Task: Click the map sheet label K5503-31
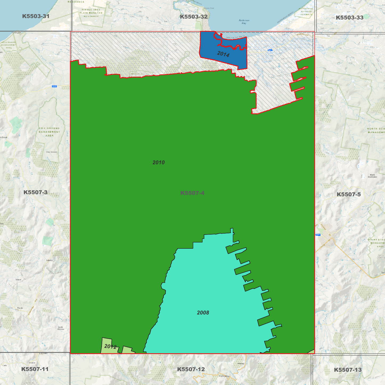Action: pyautogui.click(x=36, y=16)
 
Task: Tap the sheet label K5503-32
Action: pyautogui.click(x=193, y=17)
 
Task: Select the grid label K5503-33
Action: pyautogui.click(x=349, y=18)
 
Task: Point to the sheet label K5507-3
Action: pyautogui.click(x=35, y=192)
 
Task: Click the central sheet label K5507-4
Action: pyautogui.click(x=192, y=193)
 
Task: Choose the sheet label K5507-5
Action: pyautogui.click(x=348, y=194)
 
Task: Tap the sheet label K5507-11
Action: pyautogui.click(x=35, y=369)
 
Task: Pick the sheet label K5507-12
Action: pyautogui.click(x=191, y=369)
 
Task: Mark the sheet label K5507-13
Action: pyautogui.click(x=348, y=370)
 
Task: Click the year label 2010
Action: pyautogui.click(x=159, y=163)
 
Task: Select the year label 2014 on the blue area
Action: pyautogui.click(x=223, y=54)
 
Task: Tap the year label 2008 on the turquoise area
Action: pyautogui.click(x=203, y=313)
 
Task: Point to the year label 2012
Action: pyautogui.click(x=110, y=346)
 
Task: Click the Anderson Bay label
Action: pyautogui.click(x=244, y=22)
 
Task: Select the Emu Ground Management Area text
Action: pyautogui.click(x=50, y=132)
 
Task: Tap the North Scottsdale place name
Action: pyautogui.click(x=372, y=176)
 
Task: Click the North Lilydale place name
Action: pyautogui.click(x=61, y=328)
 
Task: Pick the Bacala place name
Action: pyautogui.click(x=20, y=308)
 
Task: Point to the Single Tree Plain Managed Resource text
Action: pyautogui.click(x=91, y=13)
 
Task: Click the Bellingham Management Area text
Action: pyautogui.click(x=9, y=45)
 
